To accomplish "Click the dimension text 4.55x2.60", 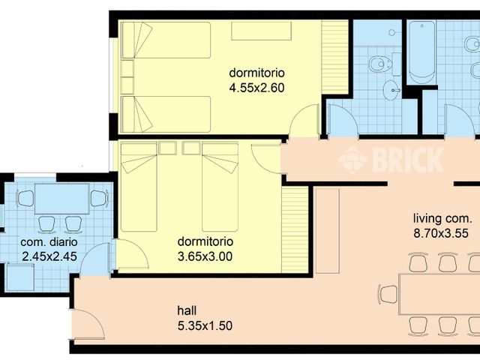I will [256, 87].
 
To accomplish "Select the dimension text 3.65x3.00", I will [204, 256].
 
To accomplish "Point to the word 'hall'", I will [187, 309].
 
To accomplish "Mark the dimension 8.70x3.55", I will [441, 232].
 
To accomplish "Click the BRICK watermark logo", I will [390, 158].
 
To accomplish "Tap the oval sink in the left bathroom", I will [391, 91].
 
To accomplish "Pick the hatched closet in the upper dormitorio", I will [335, 58].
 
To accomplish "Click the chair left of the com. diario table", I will [25, 199].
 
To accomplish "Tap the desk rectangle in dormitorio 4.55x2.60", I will [261, 31].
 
